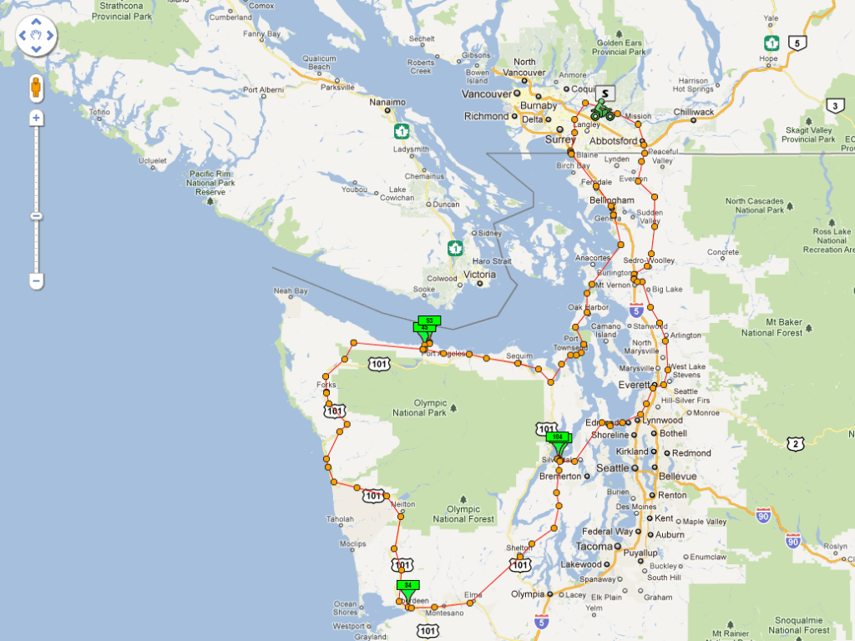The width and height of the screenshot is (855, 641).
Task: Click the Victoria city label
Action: point(479,275)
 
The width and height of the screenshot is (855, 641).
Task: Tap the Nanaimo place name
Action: point(387,103)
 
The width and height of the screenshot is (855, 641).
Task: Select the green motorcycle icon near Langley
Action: point(602,111)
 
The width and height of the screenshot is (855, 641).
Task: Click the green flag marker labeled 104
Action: point(558,437)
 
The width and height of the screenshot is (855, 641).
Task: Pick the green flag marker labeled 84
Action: point(408,585)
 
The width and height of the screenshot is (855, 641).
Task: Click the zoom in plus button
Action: point(36,118)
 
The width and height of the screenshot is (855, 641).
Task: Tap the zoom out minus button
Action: point(36,281)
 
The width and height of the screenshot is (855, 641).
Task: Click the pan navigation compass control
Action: point(36,36)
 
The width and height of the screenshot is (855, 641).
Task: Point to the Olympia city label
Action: point(527,594)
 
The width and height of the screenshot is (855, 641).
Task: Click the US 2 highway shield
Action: point(796,444)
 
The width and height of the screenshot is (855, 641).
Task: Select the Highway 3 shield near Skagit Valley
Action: point(834,105)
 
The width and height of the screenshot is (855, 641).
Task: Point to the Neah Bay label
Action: point(291,291)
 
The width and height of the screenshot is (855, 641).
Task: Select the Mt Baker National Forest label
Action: point(773,327)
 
